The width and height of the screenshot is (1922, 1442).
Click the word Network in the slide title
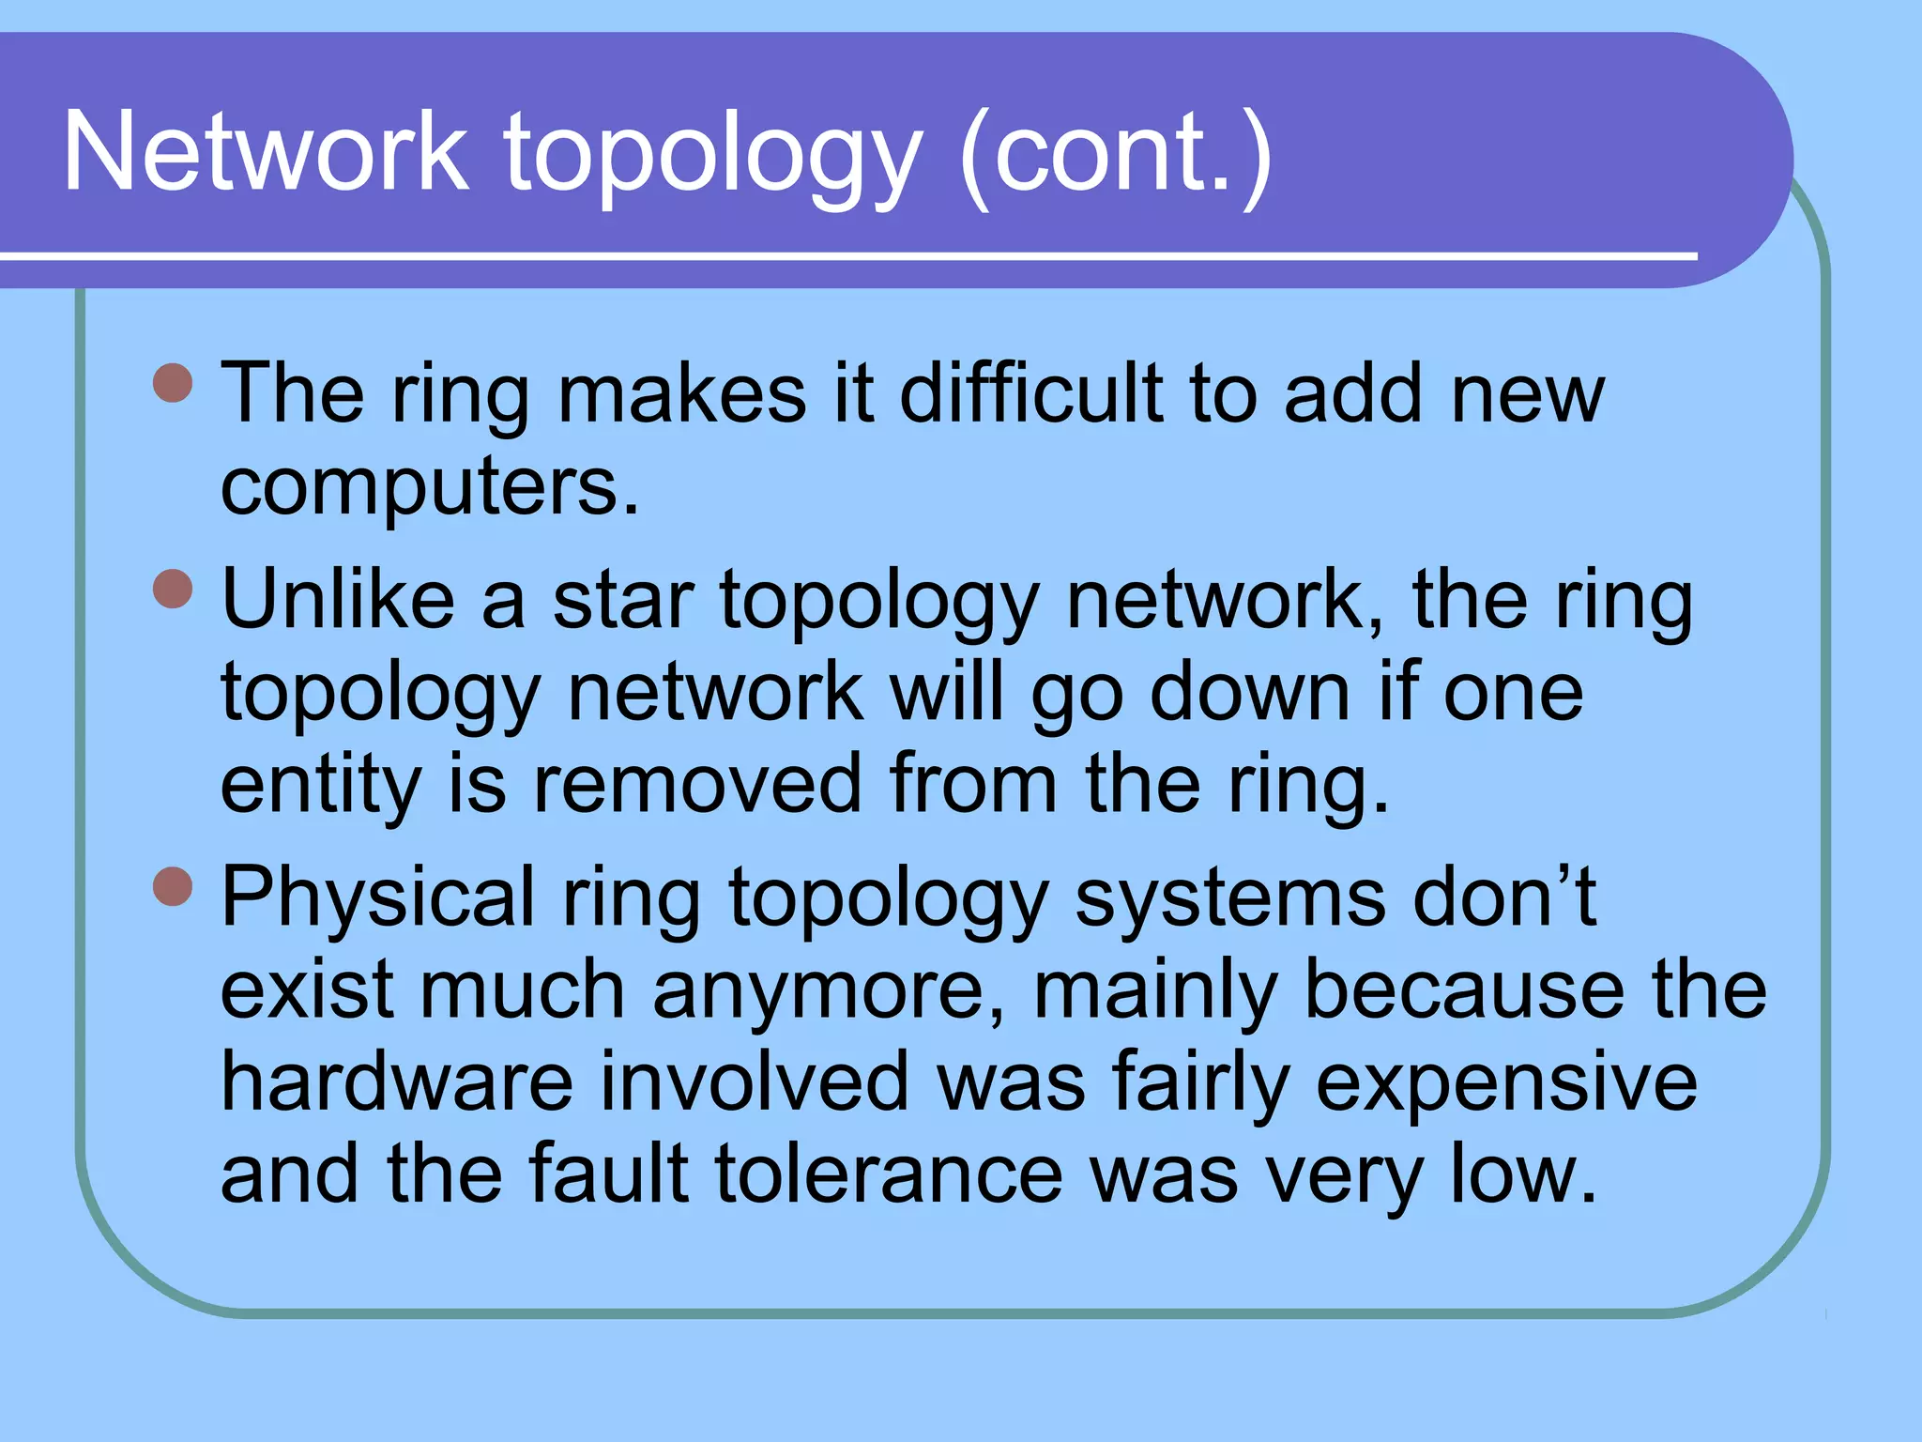tap(265, 152)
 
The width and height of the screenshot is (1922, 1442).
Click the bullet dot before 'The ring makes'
tap(173, 382)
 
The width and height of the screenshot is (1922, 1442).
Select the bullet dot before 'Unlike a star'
tap(173, 589)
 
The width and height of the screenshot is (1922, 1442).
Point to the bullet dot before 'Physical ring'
tap(173, 885)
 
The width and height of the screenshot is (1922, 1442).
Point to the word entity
tap(320, 785)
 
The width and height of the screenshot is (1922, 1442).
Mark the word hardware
tap(396, 1081)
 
